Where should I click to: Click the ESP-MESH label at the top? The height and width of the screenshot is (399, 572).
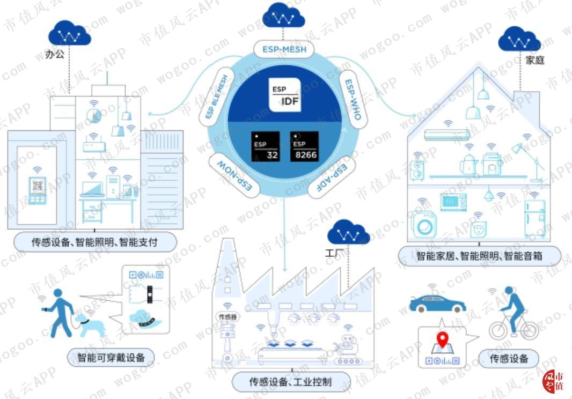(284, 50)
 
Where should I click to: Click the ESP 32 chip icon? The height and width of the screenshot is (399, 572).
(266, 146)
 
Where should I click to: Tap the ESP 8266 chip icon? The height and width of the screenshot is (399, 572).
(304, 146)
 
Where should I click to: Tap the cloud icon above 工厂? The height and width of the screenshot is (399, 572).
(349, 232)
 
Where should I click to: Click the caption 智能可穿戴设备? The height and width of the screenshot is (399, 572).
(111, 357)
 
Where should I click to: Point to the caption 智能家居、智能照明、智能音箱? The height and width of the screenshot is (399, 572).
(479, 256)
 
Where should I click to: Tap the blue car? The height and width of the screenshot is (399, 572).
(437, 303)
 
